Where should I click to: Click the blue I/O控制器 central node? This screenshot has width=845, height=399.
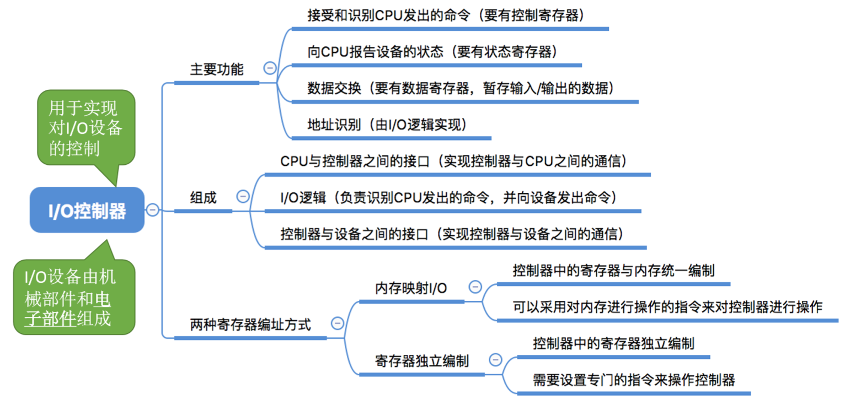pos(87,211)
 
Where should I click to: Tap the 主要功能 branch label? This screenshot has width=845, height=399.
pos(217,69)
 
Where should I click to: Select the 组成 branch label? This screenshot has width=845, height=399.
pos(204,197)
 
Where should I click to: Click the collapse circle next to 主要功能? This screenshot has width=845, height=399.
pos(270,68)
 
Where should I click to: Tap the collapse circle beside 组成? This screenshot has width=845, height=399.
pos(242,196)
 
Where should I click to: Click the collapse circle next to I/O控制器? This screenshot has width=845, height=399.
pos(152,209)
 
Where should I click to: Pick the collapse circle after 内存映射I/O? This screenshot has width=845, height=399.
pos(475,287)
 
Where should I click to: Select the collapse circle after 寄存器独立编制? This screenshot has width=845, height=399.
pos(495,360)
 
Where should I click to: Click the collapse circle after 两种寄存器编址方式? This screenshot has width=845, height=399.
pos(337,323)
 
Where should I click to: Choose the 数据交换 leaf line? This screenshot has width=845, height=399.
pos(460,88)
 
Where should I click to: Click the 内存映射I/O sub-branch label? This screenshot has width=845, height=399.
pos(411,288)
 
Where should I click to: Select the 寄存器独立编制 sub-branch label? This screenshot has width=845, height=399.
pos(422,361)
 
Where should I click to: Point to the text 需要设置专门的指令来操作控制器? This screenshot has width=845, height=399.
pos(634,379)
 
